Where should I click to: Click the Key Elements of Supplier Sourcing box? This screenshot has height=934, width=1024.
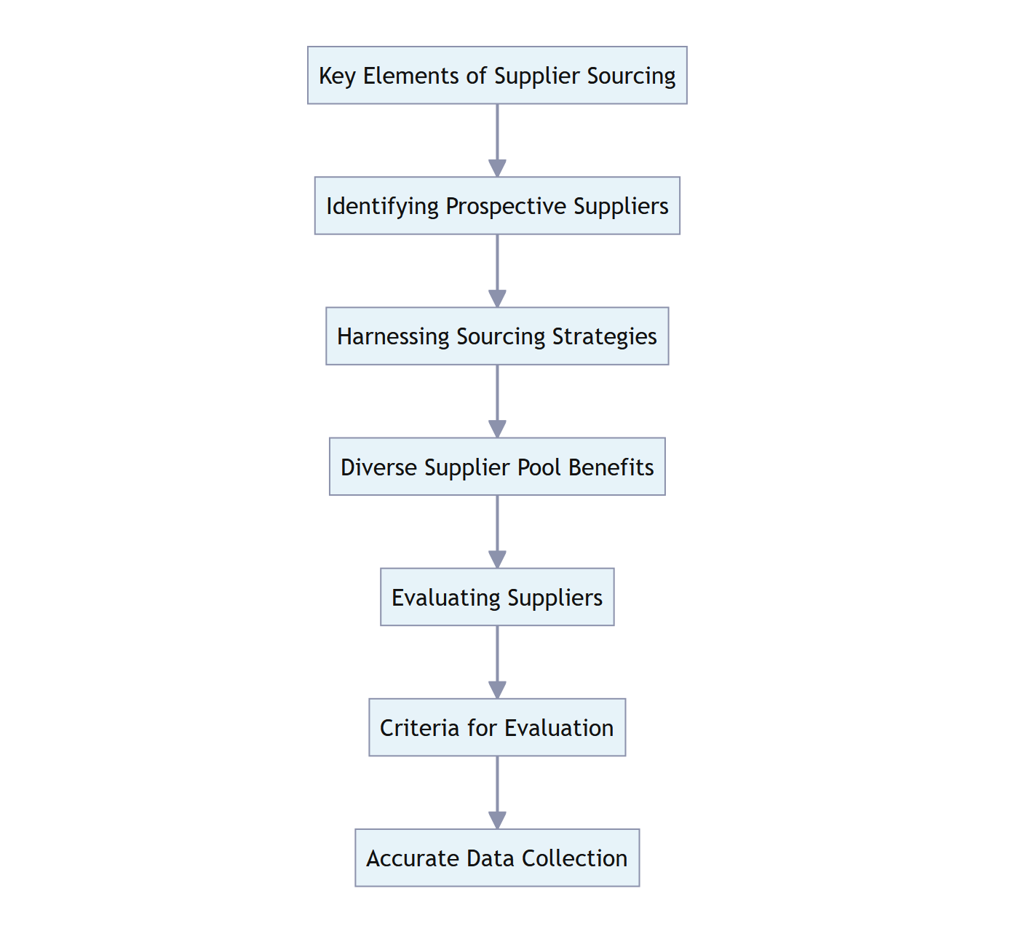pos(497,76)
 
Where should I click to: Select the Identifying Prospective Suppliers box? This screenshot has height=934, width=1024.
pos(497,206)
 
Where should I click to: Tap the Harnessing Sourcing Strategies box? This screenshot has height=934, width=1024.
pos(497,336)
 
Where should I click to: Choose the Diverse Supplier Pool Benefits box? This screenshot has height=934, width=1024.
pos(497,467)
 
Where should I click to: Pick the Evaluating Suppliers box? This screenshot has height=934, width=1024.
pos(497,597)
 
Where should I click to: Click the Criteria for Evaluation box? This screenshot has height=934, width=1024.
pos(497,727)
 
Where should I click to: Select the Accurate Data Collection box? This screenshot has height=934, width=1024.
pos(497,858)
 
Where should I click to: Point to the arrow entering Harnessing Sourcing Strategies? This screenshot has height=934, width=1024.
pos(497,270)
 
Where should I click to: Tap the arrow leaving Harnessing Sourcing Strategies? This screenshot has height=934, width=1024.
pos(497,400)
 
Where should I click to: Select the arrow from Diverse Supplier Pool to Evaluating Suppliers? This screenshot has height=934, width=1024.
pos(497,531)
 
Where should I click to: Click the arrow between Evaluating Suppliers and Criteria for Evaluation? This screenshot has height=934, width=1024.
pos(497,661)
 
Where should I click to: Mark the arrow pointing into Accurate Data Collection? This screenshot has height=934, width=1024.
pos(497,792)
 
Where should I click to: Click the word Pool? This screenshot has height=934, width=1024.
pos(539,467)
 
